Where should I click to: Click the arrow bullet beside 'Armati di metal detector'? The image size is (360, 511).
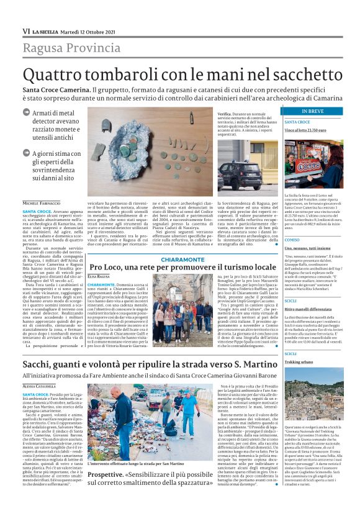point(25,113)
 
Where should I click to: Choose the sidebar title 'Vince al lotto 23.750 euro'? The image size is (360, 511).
point(305,131)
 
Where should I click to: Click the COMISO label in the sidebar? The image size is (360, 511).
point(292,240)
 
